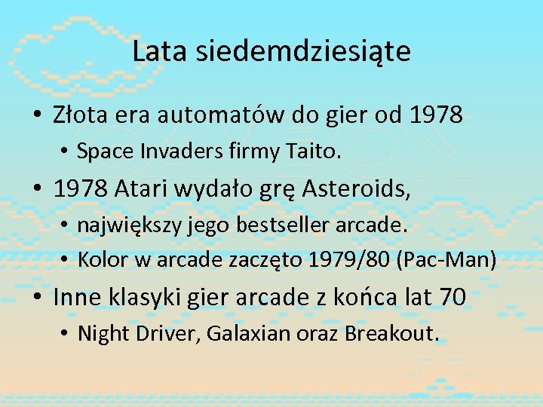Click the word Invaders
pyautogui.click(x=173, y=151)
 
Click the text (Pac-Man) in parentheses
pyautogui.click(x=450, y=260)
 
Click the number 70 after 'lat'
pyautogui.click(x=452, y=297)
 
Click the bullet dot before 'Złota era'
pyautogui.click(x=36, y=115)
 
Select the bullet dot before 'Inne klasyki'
pyautogui.click(x=36, y=298)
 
